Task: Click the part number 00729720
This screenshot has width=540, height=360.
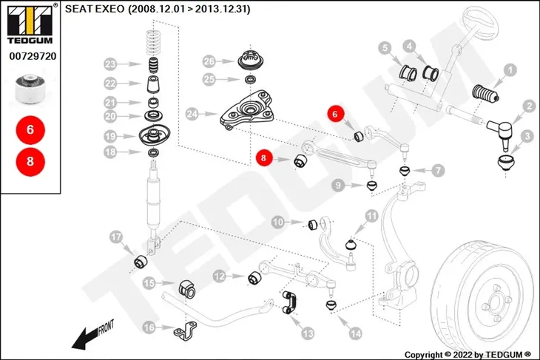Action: click(33, 56)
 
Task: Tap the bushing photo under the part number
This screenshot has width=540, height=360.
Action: click(30, 89)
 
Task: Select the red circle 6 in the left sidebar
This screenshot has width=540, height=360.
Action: click(30, 130)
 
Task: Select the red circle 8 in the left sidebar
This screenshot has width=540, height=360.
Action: click(30, 161)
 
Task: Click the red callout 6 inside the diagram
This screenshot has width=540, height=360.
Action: click(335, 114)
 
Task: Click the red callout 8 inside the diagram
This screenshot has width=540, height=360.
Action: click(263, 158)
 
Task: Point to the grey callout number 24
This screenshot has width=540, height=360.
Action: click(192, 114)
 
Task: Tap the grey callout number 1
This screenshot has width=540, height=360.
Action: click(510, 70)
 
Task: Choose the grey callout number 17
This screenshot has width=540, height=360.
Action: click(116, 237)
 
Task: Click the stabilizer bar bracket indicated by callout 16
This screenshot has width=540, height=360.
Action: click(185, 330)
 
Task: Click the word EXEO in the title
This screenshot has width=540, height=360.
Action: click(109, 9)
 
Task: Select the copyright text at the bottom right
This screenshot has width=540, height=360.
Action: click(468, 355)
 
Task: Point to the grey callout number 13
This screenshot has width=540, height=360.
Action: click(308, 333)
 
